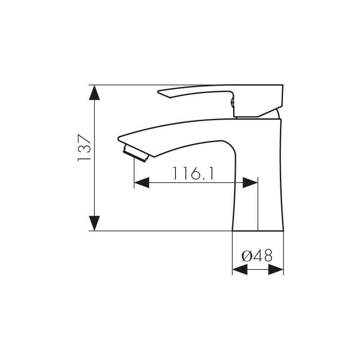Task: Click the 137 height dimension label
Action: click(84, 148)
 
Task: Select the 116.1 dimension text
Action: click(193, 173)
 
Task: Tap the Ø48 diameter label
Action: click(257, 256)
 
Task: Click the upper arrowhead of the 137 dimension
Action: click(94, 93)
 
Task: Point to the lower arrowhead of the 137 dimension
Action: click(94, 223)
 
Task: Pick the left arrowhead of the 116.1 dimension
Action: click(142, 183)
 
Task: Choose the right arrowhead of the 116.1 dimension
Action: click(250, 183)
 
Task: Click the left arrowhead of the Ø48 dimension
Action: click(240, 269)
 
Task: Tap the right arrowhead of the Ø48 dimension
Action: click(276, 269)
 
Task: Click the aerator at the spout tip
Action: click(136, 153)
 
